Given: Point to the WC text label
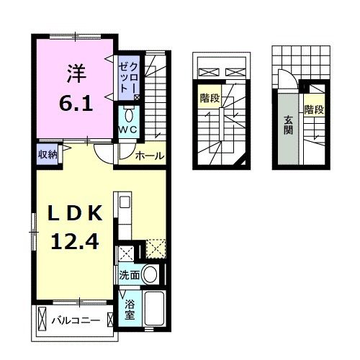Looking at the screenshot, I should click(129, 130).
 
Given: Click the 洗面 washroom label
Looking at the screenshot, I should click(130, 275).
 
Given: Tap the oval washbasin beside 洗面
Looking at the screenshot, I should click(150, 274).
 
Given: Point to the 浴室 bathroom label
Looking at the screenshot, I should click(129, 309).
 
